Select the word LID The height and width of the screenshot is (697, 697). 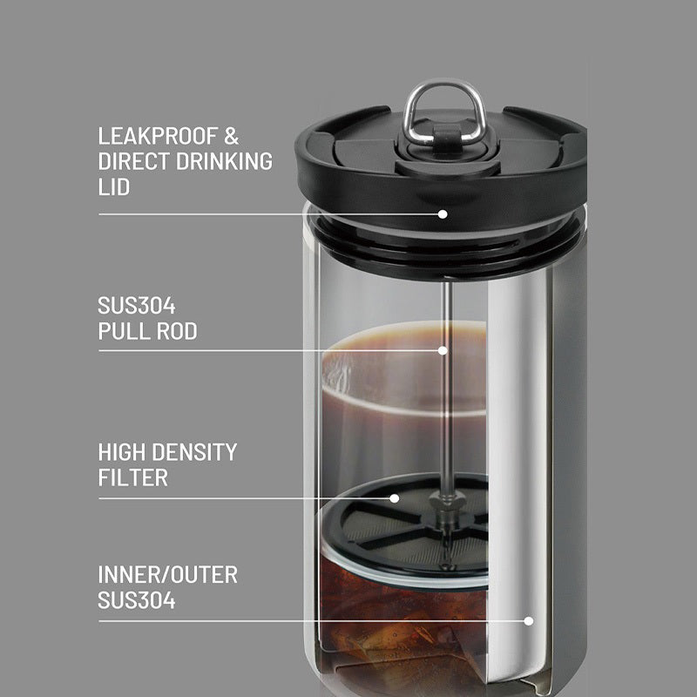pos(114,187)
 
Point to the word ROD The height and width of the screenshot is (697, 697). pos(174,332)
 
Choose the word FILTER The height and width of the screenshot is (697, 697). pos(132,478)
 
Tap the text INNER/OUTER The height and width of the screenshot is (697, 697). pos(167,575)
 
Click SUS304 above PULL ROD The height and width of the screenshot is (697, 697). pos(137,307)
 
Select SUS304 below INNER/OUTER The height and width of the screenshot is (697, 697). pos(137,600)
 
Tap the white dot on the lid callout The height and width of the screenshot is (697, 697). pos(443,213)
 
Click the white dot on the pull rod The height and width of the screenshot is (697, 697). pos(443,350)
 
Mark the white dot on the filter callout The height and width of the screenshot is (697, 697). pos(395,498)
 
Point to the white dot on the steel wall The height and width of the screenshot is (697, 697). pos(528,621)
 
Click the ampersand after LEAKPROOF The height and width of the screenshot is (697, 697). pos(231,137)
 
